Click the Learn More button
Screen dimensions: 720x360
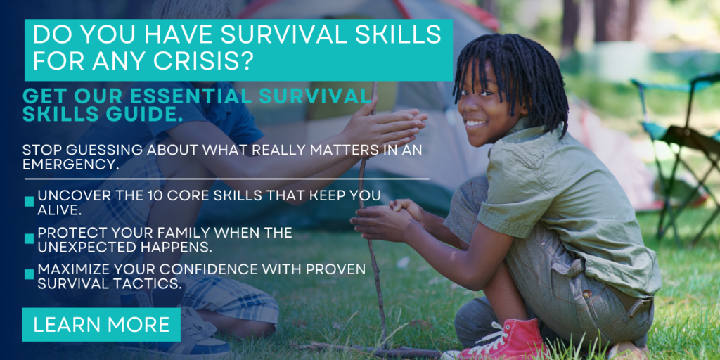click(101, 325)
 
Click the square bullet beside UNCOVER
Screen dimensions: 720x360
click(30, 202)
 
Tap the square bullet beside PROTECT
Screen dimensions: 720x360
click(30, 239)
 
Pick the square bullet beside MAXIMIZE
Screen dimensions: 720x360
click(30, 275)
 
